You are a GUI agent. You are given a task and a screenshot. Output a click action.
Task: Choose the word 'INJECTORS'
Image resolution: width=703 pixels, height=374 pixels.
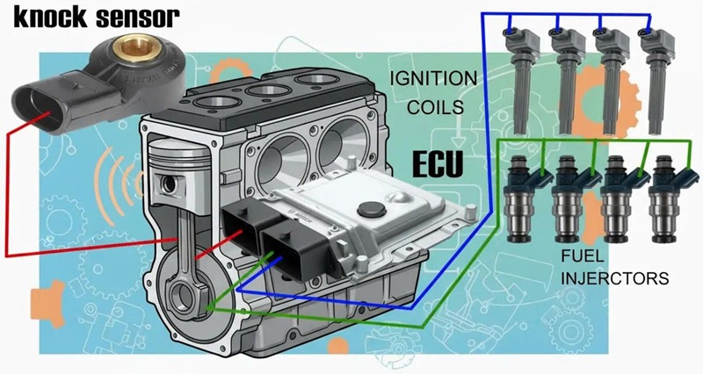click(615, 278)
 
